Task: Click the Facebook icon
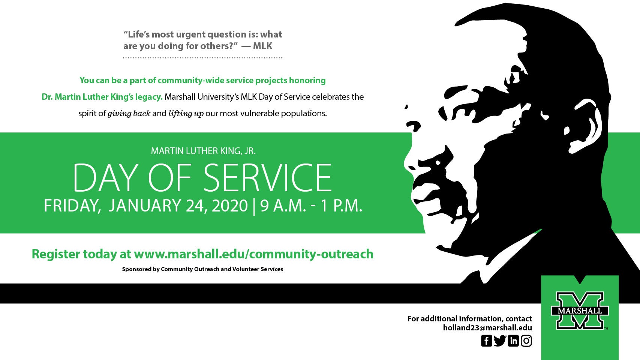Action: coord(486,340)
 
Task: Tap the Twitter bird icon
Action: coord(500,340)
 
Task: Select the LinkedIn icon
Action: coord(513,340)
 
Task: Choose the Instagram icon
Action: coord(526,340)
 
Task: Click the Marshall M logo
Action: coord(580,310)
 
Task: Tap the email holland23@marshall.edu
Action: coord(487,328)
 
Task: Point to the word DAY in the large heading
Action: coord(104,177)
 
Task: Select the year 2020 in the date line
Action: coord(230,205)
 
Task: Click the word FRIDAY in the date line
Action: coord(72,206)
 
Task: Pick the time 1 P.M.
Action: coord(341,205)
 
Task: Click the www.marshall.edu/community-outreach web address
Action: coord(254,254)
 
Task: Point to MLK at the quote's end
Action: coord(262,46)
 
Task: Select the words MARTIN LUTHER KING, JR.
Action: coord(203,151)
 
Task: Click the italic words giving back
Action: coord(129,114)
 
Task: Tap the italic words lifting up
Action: coord(186,114)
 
